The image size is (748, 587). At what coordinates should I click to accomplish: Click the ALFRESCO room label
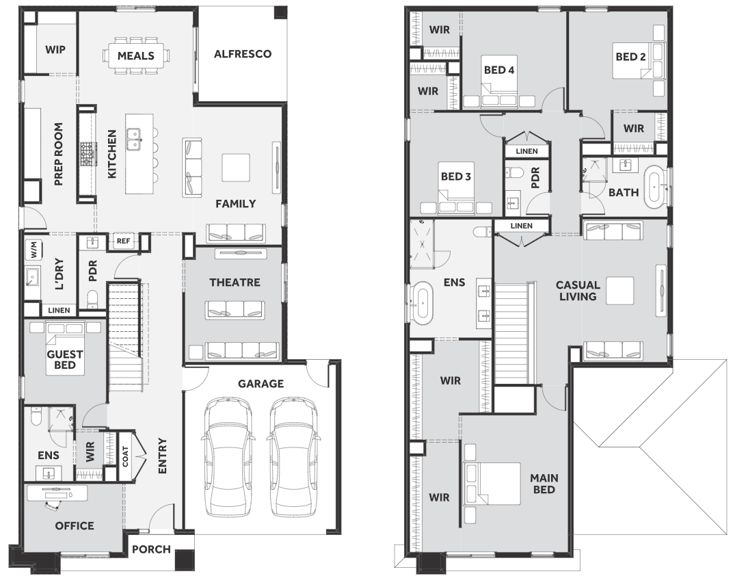coord(242,54)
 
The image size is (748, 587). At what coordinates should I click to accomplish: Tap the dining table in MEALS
coord(136,55)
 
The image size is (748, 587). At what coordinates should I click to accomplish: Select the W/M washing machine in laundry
coord(34,250)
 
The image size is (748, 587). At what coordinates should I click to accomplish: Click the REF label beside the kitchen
coord(123,241)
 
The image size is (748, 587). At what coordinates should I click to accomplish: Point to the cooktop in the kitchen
coord(88,154)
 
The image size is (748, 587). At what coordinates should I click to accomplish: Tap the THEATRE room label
coord(235,282)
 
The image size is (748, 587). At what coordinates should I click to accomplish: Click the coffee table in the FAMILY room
coord(236,168)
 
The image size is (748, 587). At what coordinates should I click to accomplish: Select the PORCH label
coord(151,549)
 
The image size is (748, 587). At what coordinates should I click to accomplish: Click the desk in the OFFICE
coord(57,493)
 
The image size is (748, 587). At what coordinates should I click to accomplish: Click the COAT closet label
coord(125,456)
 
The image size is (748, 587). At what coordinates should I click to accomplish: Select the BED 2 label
coord(630,57)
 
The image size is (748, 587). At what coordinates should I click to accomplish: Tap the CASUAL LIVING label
coord(578,291)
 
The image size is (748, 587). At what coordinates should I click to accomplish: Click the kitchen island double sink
coord(133,139)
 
